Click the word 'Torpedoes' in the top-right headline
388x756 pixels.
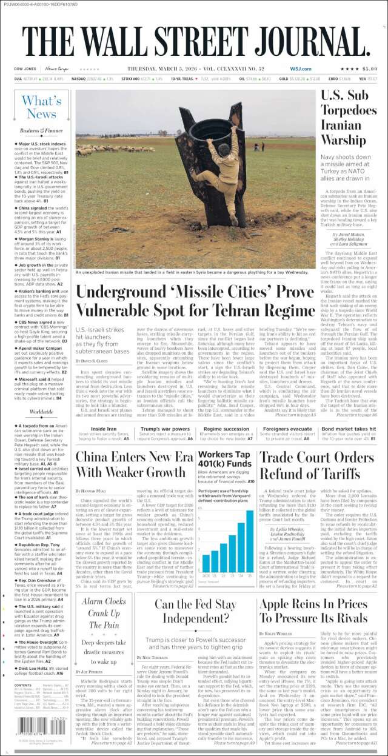click(349, 110)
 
